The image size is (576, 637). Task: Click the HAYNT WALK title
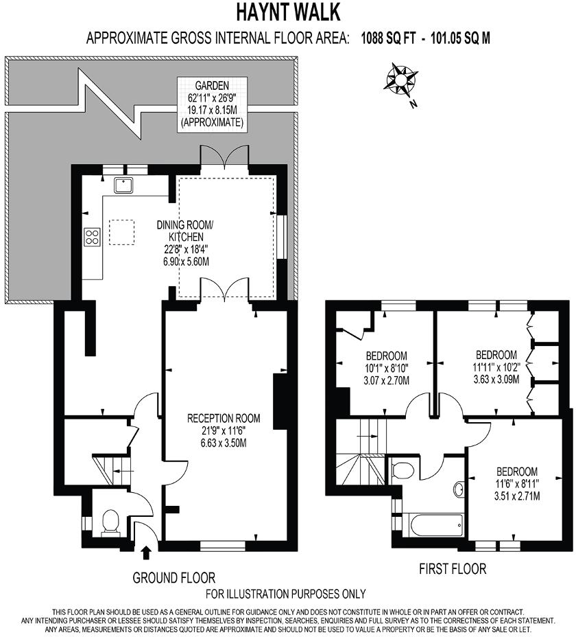point(288,12)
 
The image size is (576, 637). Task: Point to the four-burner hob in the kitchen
point(93,237)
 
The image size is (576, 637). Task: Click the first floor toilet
point(403,470)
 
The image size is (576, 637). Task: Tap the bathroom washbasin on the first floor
point(459,489)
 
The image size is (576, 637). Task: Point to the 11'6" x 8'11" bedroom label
point(516,483)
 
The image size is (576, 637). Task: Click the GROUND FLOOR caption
point(173,577)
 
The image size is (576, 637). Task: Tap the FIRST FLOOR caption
point(453,568)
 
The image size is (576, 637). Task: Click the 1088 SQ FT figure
point(389,38)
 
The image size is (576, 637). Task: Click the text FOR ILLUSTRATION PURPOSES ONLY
point(286,594)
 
